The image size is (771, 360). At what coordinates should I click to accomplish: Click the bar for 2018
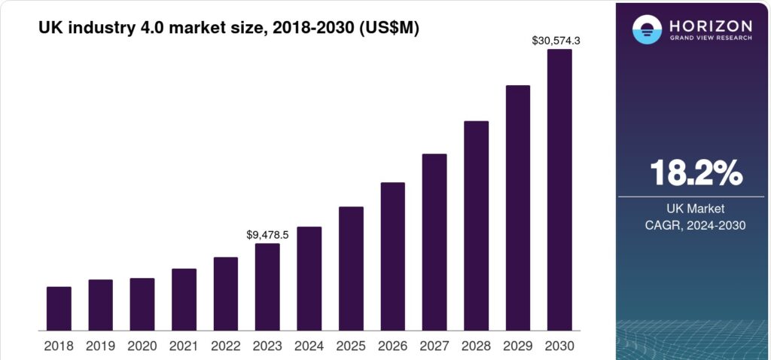59,309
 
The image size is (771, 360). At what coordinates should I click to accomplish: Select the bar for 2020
142,304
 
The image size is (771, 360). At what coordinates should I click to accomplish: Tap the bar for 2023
267,287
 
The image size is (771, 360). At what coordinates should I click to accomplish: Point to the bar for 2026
392,256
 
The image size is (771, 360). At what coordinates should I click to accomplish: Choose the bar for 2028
476,225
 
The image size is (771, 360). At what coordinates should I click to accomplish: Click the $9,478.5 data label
267,235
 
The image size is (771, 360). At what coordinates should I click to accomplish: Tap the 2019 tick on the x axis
100,346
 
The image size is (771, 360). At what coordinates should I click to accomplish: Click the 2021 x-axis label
184,346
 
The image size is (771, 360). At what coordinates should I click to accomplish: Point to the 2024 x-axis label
309,346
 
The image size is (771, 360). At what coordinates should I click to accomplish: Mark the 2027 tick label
434,346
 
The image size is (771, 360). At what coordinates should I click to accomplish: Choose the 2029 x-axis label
517,346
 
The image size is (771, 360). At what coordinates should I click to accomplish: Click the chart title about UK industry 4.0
229,28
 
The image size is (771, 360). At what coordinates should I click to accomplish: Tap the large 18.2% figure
696,174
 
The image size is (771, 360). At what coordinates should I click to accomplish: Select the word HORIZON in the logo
709,25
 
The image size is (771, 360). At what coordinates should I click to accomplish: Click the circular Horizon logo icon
647,29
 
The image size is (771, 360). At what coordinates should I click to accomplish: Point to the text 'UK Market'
696,209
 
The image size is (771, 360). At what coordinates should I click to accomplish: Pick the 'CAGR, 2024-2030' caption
696,225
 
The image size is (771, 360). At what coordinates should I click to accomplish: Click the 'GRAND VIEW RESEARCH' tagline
709,38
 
